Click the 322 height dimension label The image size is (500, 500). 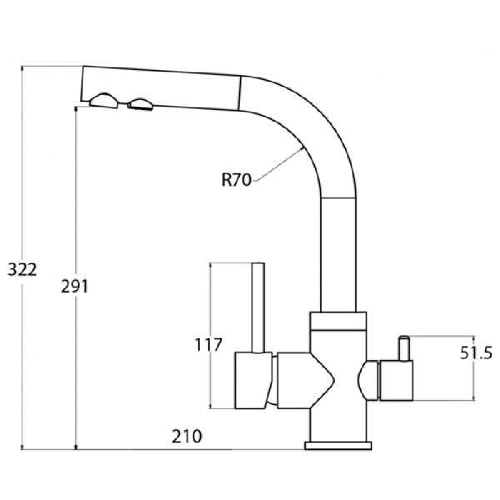tap(22, 270)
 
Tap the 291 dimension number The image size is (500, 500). tap(74, 286)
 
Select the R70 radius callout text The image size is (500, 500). tap(237, 180)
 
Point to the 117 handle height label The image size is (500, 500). tap(207, 345)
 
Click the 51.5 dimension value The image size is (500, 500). tap(477, 353)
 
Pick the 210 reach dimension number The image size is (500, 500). tap(187, 436)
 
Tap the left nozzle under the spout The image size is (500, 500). tap(104, 101)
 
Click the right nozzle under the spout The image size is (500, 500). tap(140, 105)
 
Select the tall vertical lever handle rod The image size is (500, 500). tap(258, 307)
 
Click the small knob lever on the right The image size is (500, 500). tap(404, 347)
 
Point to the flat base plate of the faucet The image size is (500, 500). tap(338, 446)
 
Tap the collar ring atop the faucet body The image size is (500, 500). tap(338, 321)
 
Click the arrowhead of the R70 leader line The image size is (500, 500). tap(302, 148)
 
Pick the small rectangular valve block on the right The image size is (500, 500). tap(396, 380)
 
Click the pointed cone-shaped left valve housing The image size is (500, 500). tap(306, 380)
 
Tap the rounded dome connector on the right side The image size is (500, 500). tap(368, 380)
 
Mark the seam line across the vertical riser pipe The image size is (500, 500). tap(338, 198)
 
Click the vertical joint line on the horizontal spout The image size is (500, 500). tap(239, 93)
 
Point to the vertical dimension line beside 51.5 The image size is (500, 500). tap(473, 367)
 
